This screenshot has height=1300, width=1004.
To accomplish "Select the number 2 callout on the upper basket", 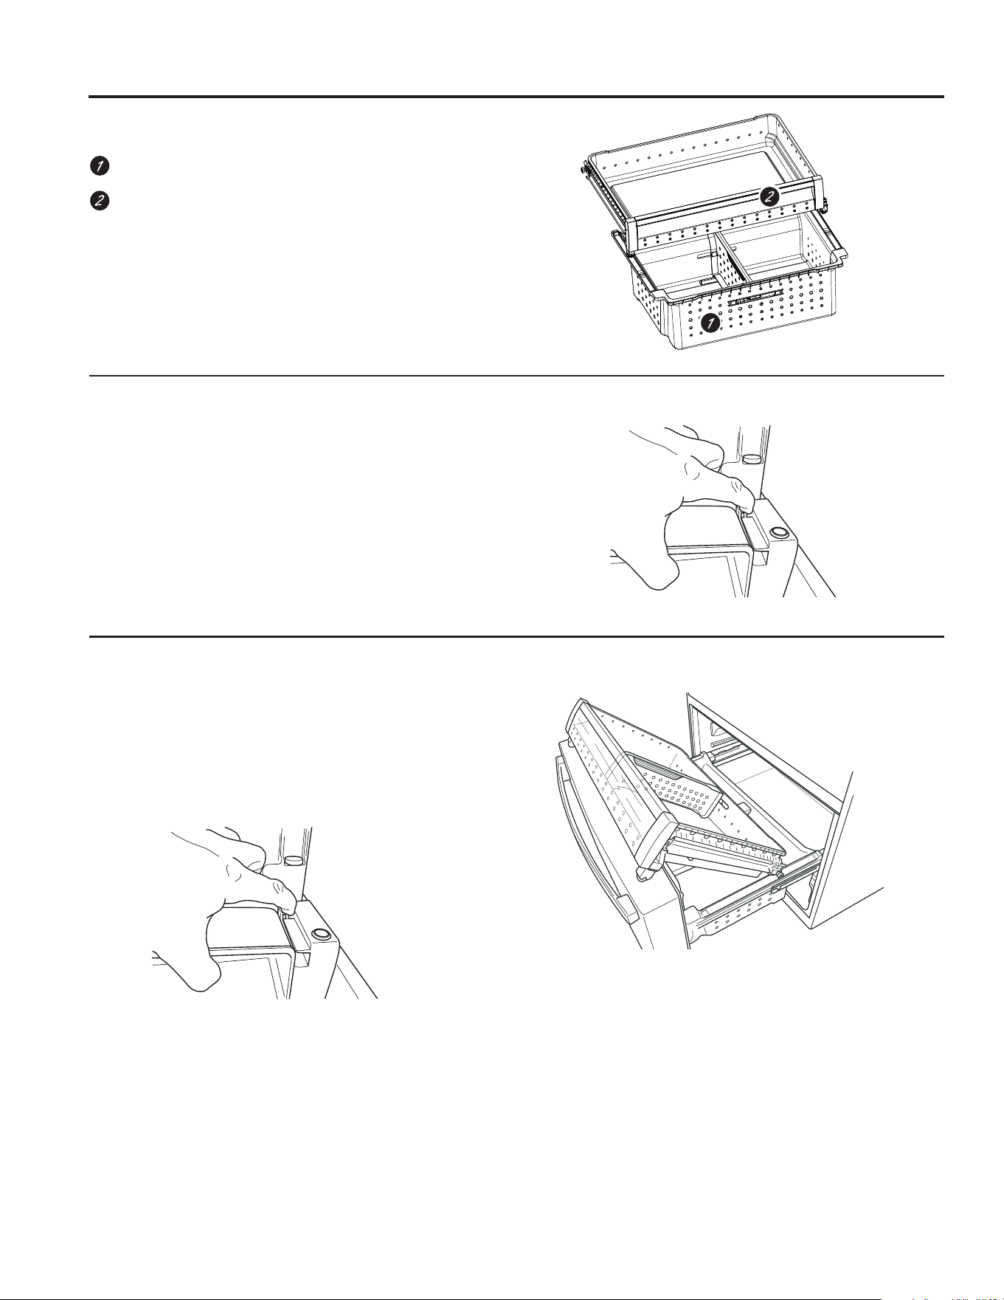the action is pyautogui.click(x=769, y=196).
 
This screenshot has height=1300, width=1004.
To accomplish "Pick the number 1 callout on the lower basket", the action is pyautogui.click(x=710, y=323).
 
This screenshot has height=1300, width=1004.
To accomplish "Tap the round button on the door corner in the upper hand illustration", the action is pyautogui.click(x=778, y=532).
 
